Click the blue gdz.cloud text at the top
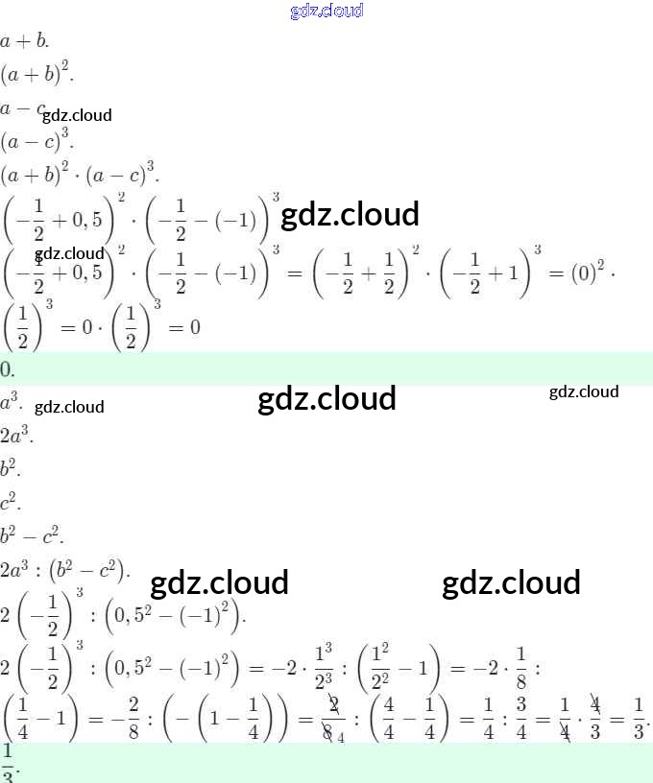(x=326, y=11)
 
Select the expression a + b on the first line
(x=24, y=41)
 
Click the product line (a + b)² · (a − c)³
(x=80, y=174)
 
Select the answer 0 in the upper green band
(x=7, y=369)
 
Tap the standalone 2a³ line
(x=16, y=437)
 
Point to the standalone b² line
(x=11, y=469)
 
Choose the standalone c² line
(x=11, y=502)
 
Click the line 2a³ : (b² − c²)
(x=65, y=567)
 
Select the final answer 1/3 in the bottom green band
(x=8, y=762)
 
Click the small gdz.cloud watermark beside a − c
(x=77, y=115)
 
